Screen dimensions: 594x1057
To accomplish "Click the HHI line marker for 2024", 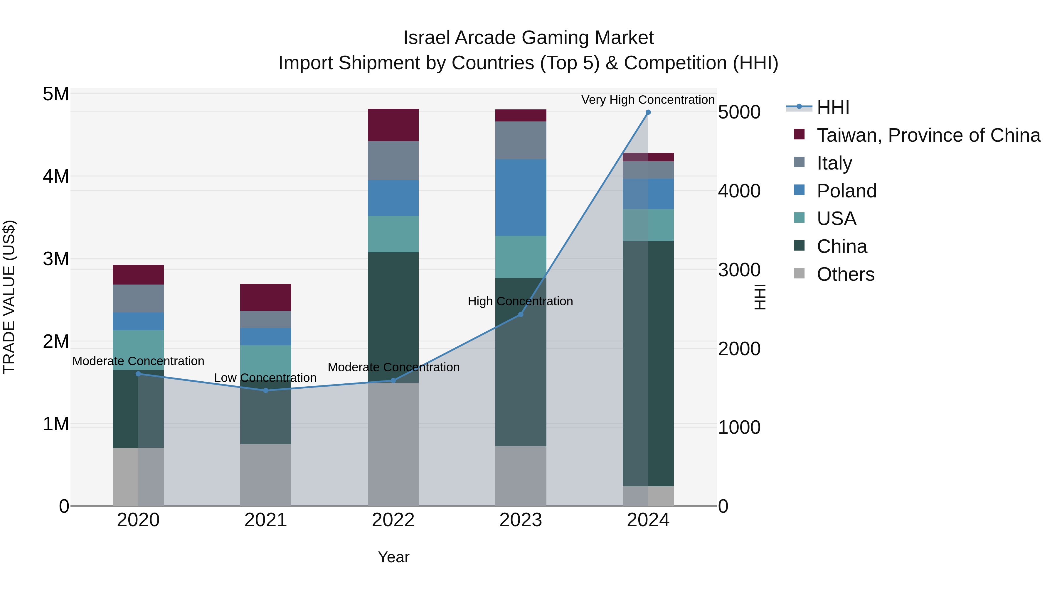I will [648, 112].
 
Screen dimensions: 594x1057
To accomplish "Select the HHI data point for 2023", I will [521, 314].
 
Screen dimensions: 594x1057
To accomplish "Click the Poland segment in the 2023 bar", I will [521, 198].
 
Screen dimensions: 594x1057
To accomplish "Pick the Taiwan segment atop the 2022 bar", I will [393, 125].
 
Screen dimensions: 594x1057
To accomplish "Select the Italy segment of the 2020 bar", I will [138, 298].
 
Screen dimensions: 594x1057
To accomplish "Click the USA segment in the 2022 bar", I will [393, 234].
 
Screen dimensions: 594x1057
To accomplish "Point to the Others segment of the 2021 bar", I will [265, 475].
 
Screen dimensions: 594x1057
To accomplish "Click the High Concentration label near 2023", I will [520, 301].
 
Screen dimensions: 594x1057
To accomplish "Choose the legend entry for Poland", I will [846, 191].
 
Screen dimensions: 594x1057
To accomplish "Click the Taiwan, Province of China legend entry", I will [928, 135].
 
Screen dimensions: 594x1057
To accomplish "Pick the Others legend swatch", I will [799, 273].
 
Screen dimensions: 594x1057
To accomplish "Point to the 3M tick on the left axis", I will [56, 259].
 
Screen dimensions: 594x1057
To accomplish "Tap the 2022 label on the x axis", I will [393, 520].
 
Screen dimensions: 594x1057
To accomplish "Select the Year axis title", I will [393, 557].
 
